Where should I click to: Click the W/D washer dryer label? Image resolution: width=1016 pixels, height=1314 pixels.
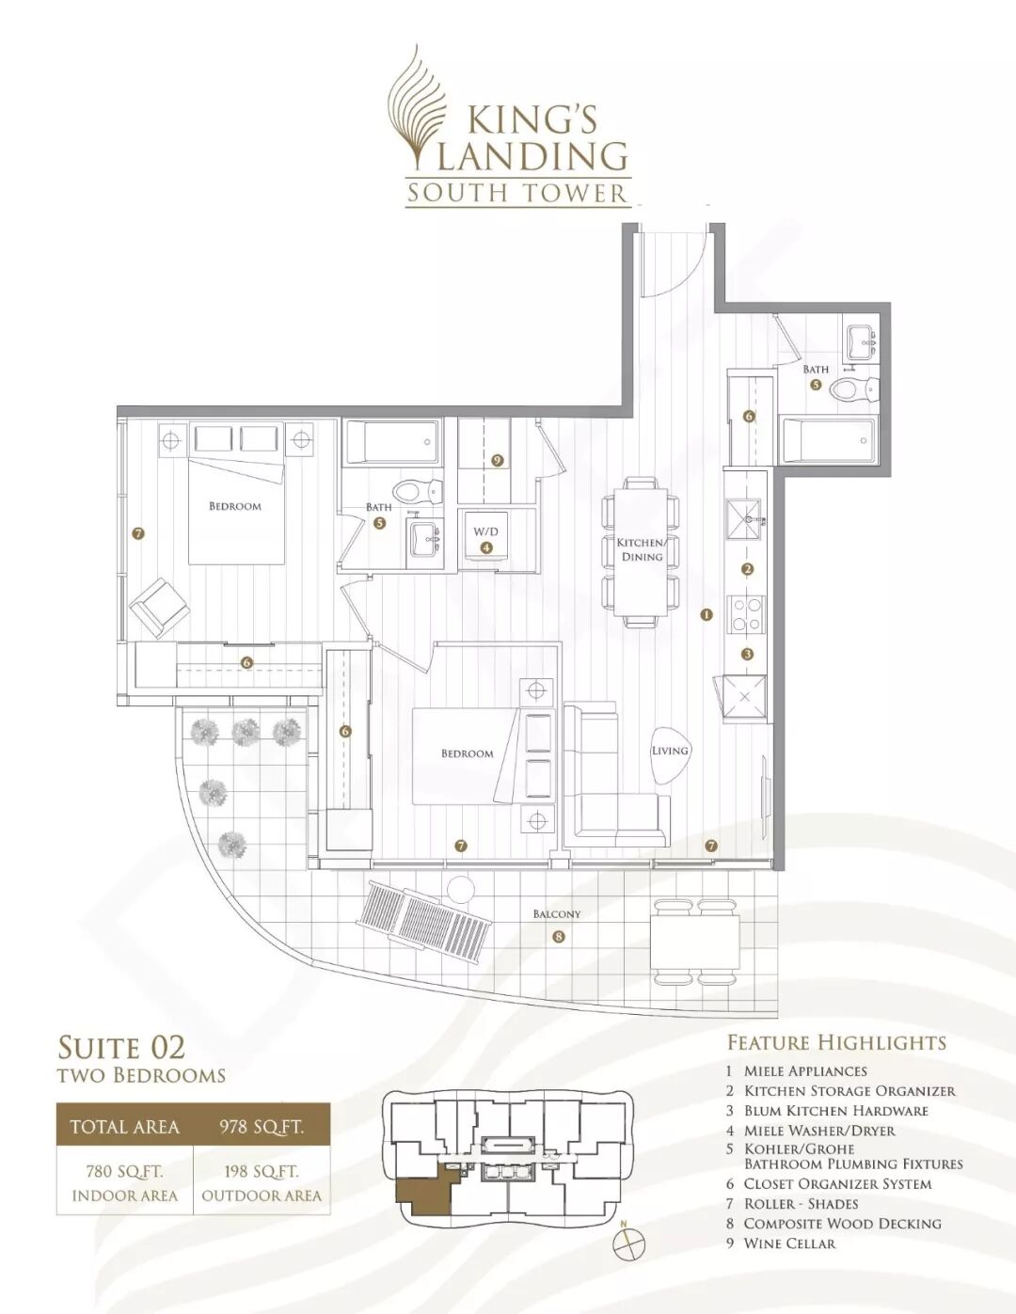pos(485,531)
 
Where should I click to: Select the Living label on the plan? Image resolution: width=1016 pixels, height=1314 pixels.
pos(670,751)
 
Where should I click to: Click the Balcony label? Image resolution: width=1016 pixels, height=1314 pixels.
pos(556,913)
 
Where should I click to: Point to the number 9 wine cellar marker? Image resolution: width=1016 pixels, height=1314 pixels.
pos(498,461)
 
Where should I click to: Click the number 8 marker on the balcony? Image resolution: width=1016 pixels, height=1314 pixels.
pos(558,937)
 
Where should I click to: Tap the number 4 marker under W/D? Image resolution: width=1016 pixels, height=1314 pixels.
pos(485,547)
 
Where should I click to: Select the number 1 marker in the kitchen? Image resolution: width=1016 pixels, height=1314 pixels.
pos(706,615)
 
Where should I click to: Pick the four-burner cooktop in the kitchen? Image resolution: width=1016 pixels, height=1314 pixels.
pos(746,614)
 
